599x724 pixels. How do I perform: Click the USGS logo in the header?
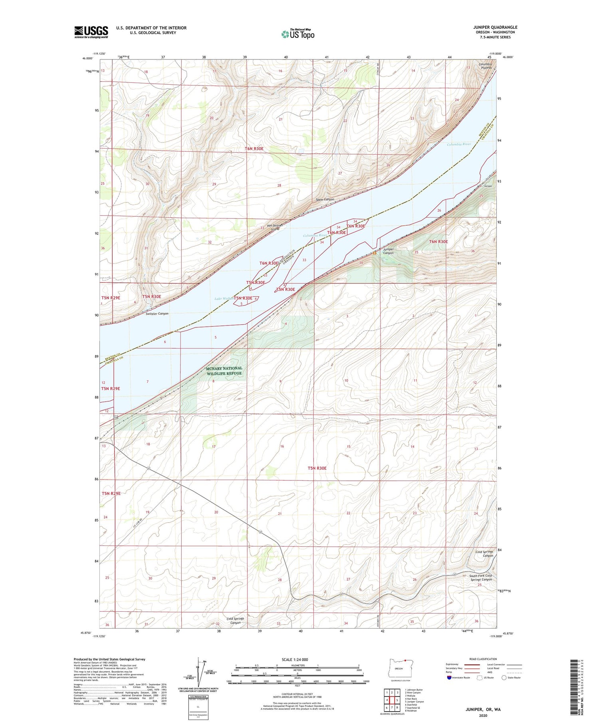coord(91,32)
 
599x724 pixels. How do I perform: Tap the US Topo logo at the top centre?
coord(298,34)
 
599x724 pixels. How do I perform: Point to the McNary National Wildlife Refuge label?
coord(224,371)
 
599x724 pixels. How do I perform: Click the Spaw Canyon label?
coord(325,199)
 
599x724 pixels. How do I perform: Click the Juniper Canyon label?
coord(388,251)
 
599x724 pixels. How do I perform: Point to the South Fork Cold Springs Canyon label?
coord(480,577)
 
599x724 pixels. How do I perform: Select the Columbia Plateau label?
coord(486,66)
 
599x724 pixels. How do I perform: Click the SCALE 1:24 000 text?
coord(295,659)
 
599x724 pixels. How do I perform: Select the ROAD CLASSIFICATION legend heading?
coord(483,659)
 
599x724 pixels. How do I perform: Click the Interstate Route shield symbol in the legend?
coord(449,678)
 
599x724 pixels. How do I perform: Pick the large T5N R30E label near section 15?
coord(317,468)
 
